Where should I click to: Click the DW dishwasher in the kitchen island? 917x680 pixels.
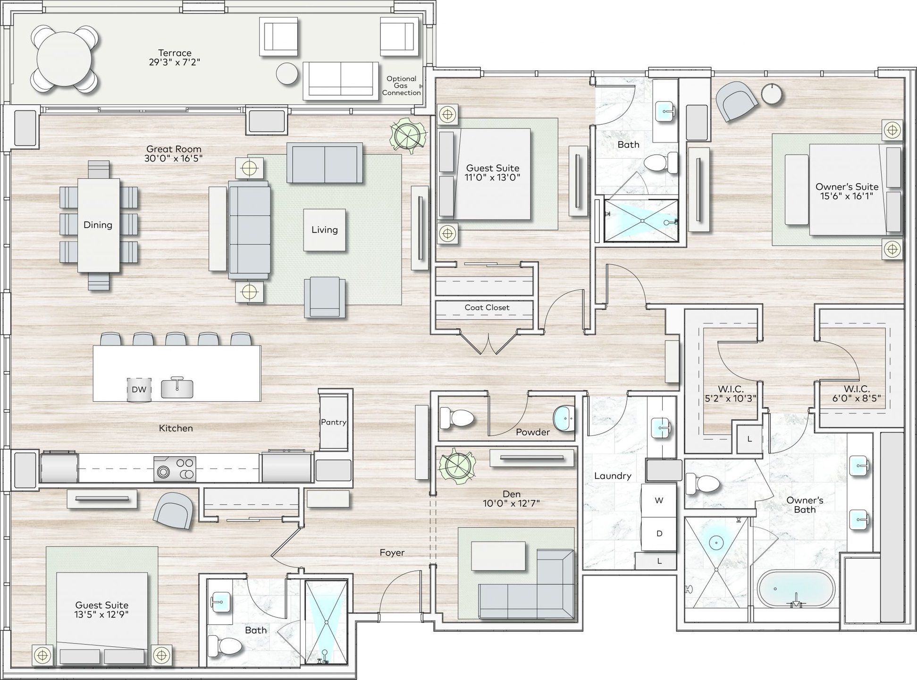click(139, 390)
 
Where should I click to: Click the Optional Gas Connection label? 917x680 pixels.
click(401, 85)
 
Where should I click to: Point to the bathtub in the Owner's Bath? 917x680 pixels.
click(796, 589)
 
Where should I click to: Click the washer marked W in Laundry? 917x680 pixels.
click(659, 501)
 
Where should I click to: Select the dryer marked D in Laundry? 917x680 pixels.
click(659, 534)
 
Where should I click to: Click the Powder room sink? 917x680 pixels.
click(564, 418)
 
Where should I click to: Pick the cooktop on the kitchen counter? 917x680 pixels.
click(175, 468)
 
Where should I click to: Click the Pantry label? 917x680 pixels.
click(334, 422)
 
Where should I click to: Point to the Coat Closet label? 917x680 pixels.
click(487, 307)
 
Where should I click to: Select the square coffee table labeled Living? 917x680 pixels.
click(324, 230)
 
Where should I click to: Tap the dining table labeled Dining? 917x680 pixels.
click(99, 225)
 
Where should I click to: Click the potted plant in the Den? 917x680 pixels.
click(456, 465)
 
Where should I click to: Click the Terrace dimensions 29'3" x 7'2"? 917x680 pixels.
click(175, 62)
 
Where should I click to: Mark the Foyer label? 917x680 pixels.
click(392, 552)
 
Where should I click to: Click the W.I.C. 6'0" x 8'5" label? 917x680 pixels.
click(857, 393)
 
